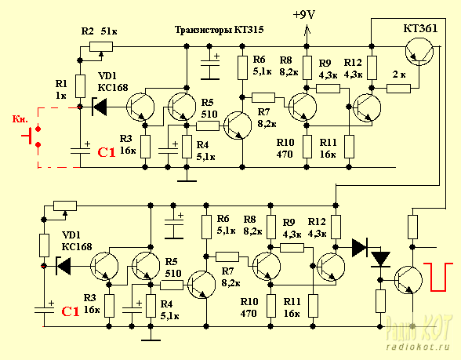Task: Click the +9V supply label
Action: tap(304, 15)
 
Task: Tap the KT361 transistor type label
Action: tap(420, 28)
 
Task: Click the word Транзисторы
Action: tap(203, 30)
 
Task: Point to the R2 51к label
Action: tap(99, 31)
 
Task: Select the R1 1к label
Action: tap(61, 89)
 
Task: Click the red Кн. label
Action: tap(20, 119)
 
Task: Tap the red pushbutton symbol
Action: tap(31, 136)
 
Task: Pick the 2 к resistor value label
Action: tap(399, 75)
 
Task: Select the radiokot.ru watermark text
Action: tap(418, 347)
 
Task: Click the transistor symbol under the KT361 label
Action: tap(419, 53)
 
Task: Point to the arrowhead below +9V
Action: tap(307, 30)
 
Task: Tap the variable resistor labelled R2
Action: tap(101, 47)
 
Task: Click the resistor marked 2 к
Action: tap(398, 89)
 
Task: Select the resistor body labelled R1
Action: tap(80, 86)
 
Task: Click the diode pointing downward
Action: tap(380, 260)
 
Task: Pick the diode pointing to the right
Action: tap(360, 248)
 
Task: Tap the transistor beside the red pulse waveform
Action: tap(408, 280)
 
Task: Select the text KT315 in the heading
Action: tap(249, 30)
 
